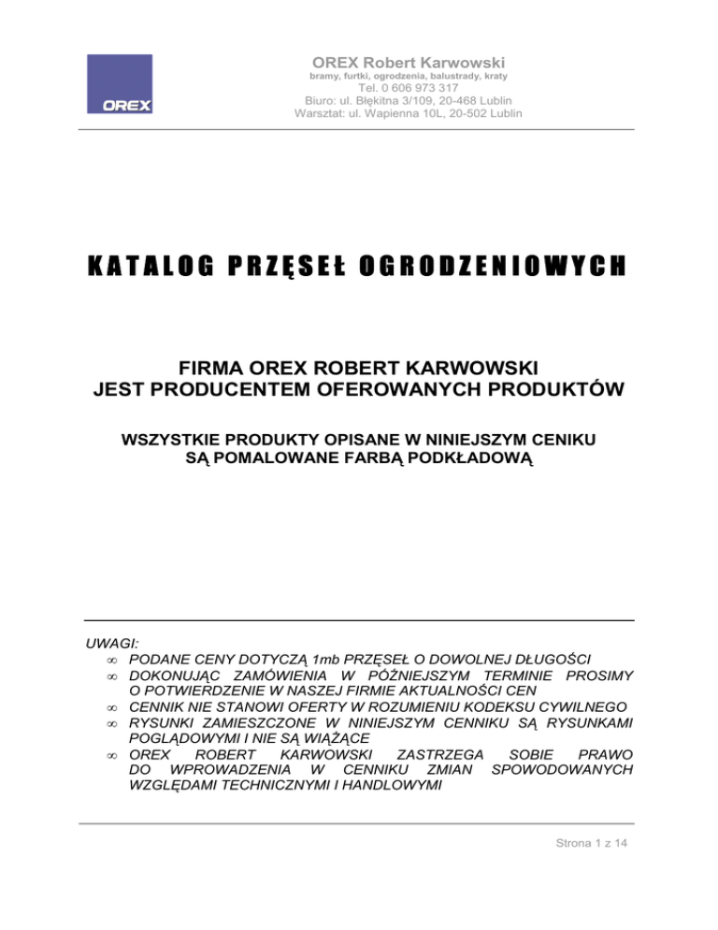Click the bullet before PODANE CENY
[111, 661]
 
